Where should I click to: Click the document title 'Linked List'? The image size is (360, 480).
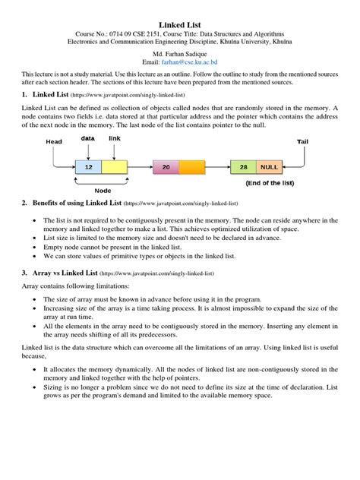(x=180, y=25)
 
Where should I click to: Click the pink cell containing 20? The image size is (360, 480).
(x=166, y=167)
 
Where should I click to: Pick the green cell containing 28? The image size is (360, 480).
(x=243, y=167)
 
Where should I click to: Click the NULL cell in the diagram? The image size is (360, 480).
(x=269, y=167)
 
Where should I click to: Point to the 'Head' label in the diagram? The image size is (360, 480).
(x=54, y=142)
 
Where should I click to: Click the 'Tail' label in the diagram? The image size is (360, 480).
(x=302, y=142)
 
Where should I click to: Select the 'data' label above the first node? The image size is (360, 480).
(x=89, y=139)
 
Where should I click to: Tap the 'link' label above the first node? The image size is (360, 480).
(x=115, y=139)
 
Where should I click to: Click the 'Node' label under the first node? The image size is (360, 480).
(x=103, y=191)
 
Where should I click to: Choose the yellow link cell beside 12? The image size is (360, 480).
(x=114, y=167)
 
